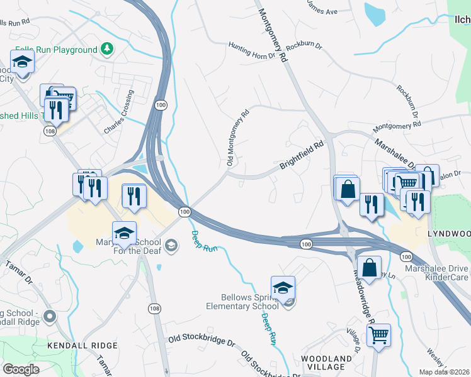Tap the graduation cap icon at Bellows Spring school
pyautogui.click(x=283, y=288)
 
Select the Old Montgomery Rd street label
pyautogui.click(x=238, y=138)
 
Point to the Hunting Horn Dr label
pyautogui.click(x=252, y=50)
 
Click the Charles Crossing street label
pyautogui.click(x=120, y=112)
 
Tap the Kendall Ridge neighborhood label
pyautogui.click(x=82, y=346)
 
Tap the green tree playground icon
pyautogui.click(x=108, y=49)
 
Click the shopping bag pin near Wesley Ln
pyautogui.click(x=369, y=266)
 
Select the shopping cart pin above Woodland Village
pyautogui.click(x=378, y=336)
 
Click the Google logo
pyautogui.click(x=21, y=369)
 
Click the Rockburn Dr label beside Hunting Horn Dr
pyautogui.click(x=304, y=48)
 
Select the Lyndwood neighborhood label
pyautogui.click(x=449, y=233)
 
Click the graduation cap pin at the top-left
pyautogui.click(x=23, y=62)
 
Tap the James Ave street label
pyautogui.click(x=323, y=11)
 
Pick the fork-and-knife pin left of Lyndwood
pyautogui.click(x=417, y=201)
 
